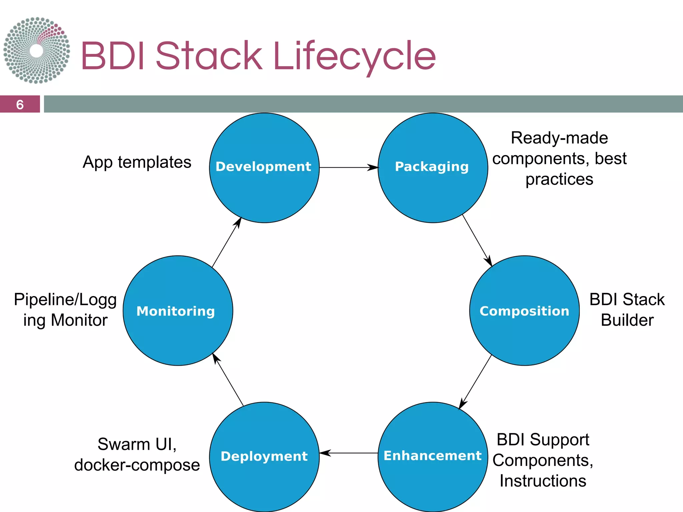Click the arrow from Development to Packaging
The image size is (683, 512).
coord(349,167)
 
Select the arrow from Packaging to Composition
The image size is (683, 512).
coord(477,240)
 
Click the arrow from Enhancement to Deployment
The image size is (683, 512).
coord(349,453)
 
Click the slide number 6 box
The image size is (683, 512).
coord(20,104)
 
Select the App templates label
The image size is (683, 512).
coord(137,162)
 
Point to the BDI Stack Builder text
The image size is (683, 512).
coord(627,310)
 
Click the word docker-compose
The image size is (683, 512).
coord(137,465)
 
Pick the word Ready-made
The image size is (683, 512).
coord(559,138)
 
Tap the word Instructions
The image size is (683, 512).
coord(543,481)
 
